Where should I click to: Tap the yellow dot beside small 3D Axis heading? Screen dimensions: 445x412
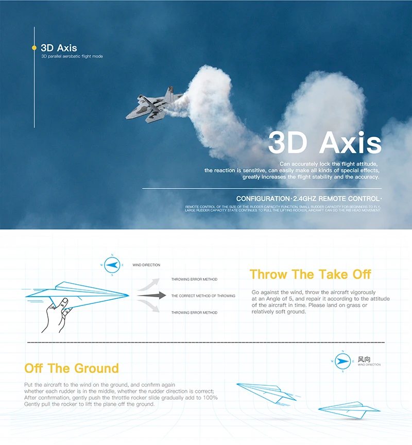pyautogui.click(x=34, y=48)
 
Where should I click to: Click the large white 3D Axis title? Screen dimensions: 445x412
pyautogui.click(x=324, y=143)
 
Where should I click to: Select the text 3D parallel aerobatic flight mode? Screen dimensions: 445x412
pyautogui.click(x=72, y=56)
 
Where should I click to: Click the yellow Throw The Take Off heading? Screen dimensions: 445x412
pyautogui.click(x=310, y=274)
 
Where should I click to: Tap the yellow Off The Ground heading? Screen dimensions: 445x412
pyautogui.click(x=72, y=368)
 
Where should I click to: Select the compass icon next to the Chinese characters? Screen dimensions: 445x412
pyautogui.click(x=342, y=361)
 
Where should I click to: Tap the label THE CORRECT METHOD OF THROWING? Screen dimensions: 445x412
pyautogui.click(x=203, y=296)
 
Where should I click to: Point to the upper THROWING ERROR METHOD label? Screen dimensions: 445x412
pyautogui.click(x=194, y=280)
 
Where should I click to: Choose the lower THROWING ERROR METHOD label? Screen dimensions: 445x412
pyautogui.click(x=194, y=313)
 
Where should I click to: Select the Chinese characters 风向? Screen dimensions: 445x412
pyautogui.click(x=364, y=359)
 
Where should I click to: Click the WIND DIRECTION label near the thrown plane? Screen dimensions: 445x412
pyautogui.click(x=146, y=265)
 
